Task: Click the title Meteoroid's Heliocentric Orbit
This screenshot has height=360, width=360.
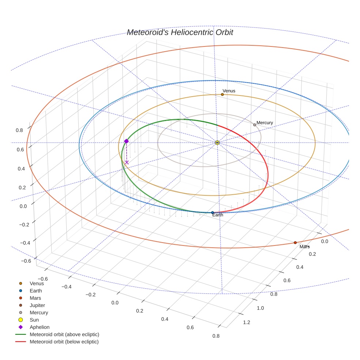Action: pos(180,33)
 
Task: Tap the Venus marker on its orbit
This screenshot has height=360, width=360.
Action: pos(222,94)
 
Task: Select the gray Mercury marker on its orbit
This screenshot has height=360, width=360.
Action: pos(255,125)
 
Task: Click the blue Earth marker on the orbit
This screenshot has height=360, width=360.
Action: pos(213,213)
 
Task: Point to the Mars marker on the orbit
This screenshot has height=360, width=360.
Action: pos(295,243)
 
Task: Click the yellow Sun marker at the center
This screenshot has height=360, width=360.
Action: pos(217,142)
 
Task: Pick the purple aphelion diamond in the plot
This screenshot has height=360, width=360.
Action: pos(127,141)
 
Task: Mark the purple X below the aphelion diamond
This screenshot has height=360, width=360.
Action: pos(127,162)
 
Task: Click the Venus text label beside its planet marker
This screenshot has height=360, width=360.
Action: pos(229,91)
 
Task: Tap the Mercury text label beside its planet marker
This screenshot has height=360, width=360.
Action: pos(265,123)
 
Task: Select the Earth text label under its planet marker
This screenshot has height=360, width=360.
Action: pos(218,215)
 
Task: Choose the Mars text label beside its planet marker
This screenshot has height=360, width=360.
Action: pos(304,247)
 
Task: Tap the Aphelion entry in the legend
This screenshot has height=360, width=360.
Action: pos(39,327)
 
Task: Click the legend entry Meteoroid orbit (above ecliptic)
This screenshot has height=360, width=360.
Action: pos(64,334)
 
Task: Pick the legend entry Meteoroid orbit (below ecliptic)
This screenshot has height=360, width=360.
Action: pos(64,342)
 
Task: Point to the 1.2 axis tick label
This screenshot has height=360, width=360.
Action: pos(247,322)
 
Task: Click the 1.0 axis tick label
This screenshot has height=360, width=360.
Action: pos(260,308)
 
